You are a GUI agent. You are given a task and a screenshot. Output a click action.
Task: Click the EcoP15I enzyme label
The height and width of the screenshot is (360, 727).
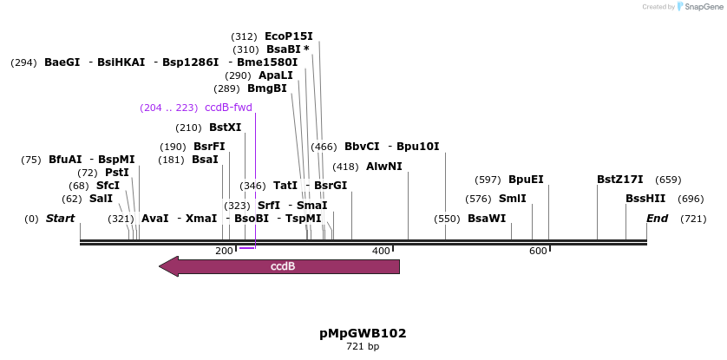288,36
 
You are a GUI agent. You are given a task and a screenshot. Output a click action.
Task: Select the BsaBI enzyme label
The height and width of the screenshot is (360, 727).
283,49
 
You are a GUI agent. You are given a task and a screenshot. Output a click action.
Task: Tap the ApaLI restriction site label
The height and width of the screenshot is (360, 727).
275,75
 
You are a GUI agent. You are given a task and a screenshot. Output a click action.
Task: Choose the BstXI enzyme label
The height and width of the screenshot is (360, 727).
225,128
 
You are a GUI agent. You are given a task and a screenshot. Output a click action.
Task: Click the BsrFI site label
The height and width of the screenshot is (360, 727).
208,147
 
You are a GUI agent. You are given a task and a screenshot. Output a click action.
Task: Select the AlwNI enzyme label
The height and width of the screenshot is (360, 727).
383,167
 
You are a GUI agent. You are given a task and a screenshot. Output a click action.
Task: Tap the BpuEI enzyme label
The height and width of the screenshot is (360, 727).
526,180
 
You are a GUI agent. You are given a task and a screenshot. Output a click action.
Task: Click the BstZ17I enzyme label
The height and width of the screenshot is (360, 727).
619,180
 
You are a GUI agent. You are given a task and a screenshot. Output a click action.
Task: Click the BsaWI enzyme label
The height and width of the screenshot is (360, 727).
486,219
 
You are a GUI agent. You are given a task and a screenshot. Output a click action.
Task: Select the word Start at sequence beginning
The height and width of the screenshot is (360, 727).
60,219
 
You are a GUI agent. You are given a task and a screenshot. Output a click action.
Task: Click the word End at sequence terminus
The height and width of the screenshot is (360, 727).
657,219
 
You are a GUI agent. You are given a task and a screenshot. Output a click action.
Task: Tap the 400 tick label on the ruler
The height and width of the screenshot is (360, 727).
381,251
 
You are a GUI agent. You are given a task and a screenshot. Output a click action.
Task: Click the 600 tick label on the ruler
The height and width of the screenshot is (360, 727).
538,251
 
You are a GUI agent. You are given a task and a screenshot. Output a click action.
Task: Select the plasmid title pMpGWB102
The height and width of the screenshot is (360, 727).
363,333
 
